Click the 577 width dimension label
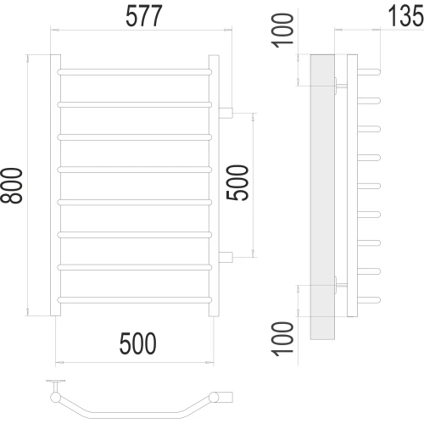(x=144, y=16)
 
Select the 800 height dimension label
(x=12, y=186)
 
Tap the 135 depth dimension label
(x=405, y=16)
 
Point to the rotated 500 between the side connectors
(x=237, y=182)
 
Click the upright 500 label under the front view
(x=137, y=343)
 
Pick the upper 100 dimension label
(x=282, y=31)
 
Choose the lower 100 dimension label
(x=282, y=338)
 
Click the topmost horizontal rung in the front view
(x=135, y=72)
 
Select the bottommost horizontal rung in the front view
(x=135, y=300)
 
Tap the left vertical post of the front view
(x=55, y=185)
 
